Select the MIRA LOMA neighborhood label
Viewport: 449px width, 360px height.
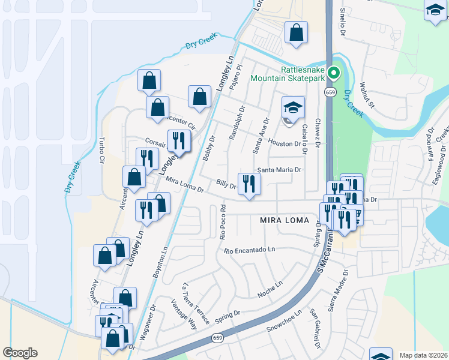tap(285, 220)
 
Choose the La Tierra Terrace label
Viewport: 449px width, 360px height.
tap(197, 303)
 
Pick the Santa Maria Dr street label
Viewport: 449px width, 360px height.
tap(279, 170)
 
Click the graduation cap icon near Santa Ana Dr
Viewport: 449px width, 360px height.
tap(293, 109)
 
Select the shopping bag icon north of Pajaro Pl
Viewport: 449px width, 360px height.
tap(296, 33)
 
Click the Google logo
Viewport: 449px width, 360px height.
tap(20, 353)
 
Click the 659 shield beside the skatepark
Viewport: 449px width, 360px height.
tap(331, 92)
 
